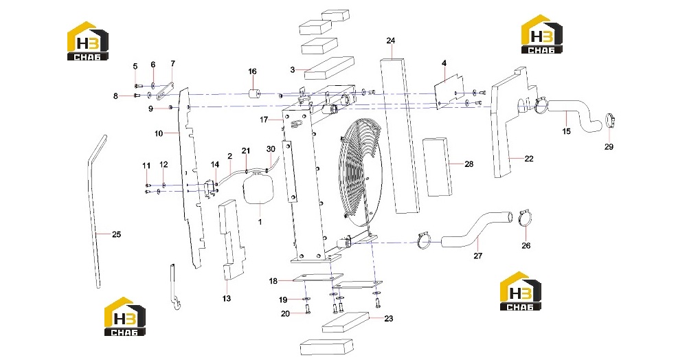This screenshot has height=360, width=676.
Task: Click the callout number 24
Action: click(391, 41)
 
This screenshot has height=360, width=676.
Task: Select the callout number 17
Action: click(264, 120)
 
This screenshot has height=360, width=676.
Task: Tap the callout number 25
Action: click(116, 234)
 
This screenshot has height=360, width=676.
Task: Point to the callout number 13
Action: click(226, 298)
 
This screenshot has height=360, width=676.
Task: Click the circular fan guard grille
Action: click(361, 172)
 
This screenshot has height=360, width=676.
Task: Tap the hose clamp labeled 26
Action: click(525, 218)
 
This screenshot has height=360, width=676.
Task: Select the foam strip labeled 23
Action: click(346, 322)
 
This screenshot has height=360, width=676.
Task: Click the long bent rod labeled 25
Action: click(95, 211)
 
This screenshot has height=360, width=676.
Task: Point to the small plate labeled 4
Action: click(449, 91)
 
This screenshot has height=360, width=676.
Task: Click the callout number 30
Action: click(271, 149)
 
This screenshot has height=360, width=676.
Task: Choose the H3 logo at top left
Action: click(88, 41)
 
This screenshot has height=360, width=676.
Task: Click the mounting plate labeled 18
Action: click(318, 278)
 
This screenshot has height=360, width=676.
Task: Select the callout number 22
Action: click(529, 159)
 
